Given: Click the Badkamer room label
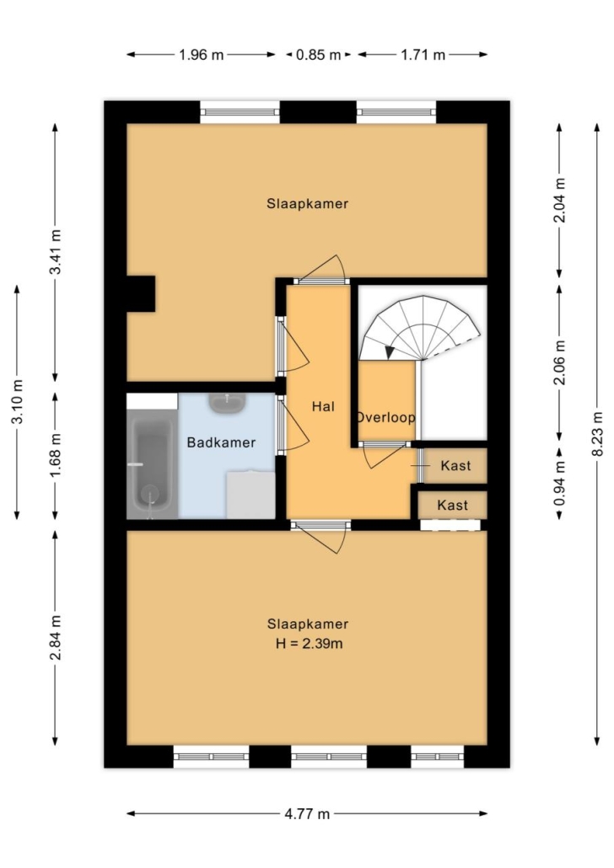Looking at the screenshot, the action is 221,442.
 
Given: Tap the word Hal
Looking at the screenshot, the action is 323,407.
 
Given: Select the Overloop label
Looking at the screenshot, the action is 385,417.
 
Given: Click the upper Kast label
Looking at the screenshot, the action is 455,465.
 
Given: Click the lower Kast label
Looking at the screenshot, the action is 452,505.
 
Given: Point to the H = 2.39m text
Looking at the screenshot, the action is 309,644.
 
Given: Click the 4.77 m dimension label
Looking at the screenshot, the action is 307,814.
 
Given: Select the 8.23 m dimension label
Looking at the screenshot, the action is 597,433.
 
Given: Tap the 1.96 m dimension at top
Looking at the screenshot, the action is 202,55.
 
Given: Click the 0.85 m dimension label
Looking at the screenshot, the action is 318,55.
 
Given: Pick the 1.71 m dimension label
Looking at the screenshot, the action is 423,55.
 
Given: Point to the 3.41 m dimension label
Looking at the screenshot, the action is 56,252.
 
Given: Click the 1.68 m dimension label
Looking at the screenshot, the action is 56,457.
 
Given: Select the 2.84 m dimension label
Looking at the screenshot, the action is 56,638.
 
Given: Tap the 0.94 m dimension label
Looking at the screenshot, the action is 560,483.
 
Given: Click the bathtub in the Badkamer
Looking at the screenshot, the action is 151,463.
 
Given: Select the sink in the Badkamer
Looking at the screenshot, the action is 227,403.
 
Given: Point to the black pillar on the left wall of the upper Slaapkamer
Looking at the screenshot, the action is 141,293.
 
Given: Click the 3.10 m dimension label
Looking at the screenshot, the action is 17,403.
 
